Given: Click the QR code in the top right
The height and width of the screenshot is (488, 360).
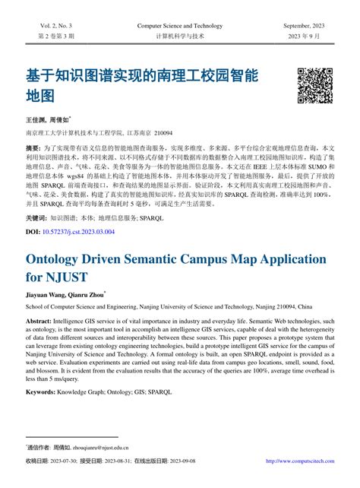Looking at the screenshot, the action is tap(314, 85).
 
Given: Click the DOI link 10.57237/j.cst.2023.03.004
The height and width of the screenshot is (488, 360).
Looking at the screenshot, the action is tap(79, 231).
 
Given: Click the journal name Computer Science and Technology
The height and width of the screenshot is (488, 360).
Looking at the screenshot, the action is tap(180, 26).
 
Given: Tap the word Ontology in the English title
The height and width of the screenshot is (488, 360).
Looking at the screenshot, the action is tap(62, 259).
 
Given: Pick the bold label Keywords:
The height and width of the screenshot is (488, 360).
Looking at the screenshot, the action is tap(45, 391).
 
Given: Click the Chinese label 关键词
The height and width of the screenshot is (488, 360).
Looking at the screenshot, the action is tap(36, 217).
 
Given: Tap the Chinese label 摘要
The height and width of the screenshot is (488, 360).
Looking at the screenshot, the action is tap(33, 146).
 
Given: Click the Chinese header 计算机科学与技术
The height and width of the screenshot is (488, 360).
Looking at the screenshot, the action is tap(180, 36).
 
